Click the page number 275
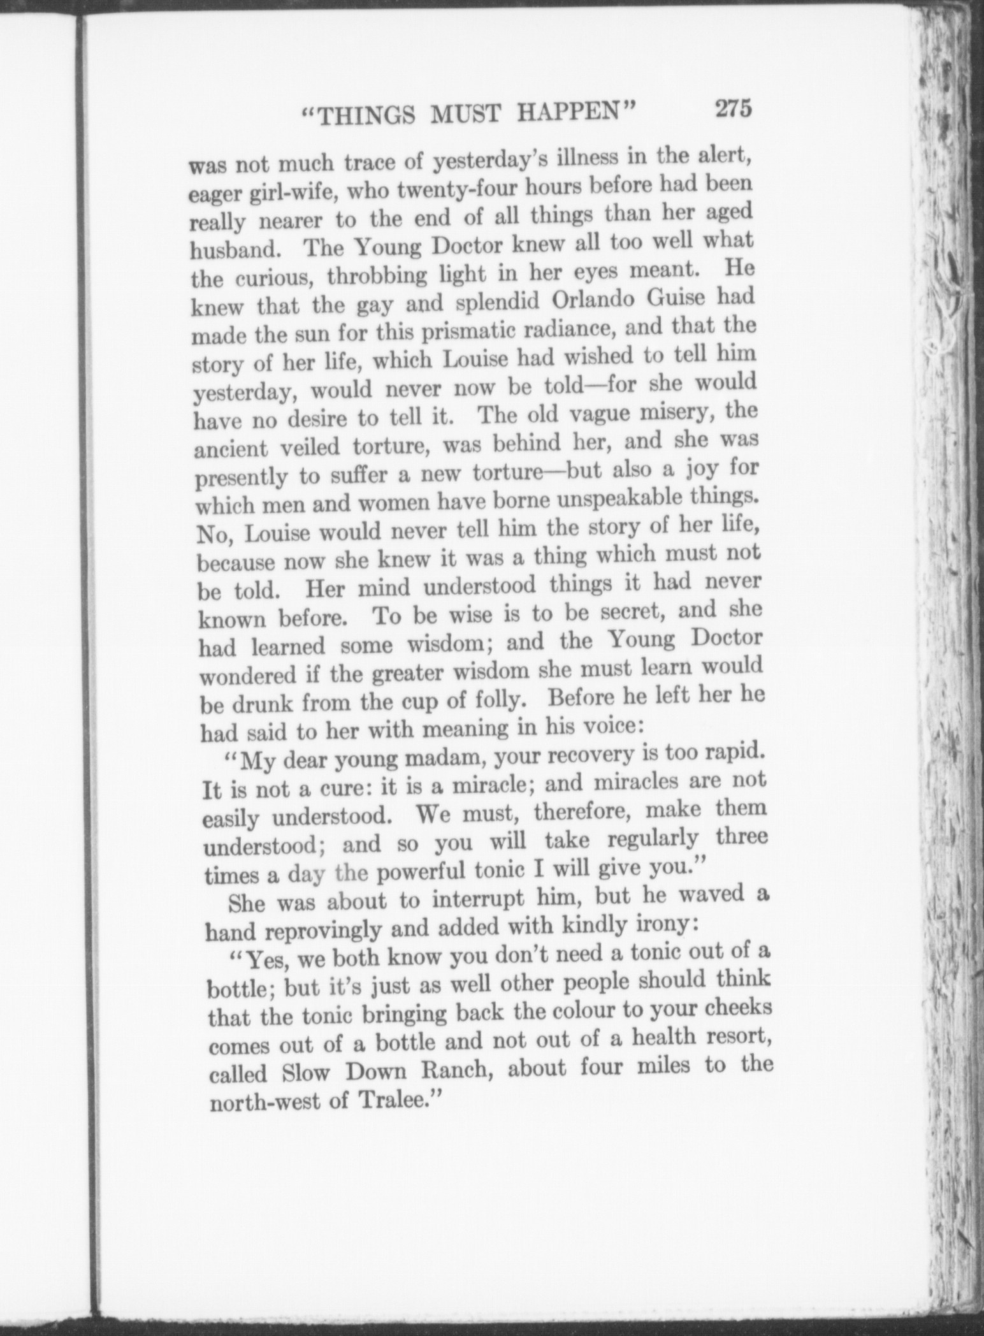click(734, 108)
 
